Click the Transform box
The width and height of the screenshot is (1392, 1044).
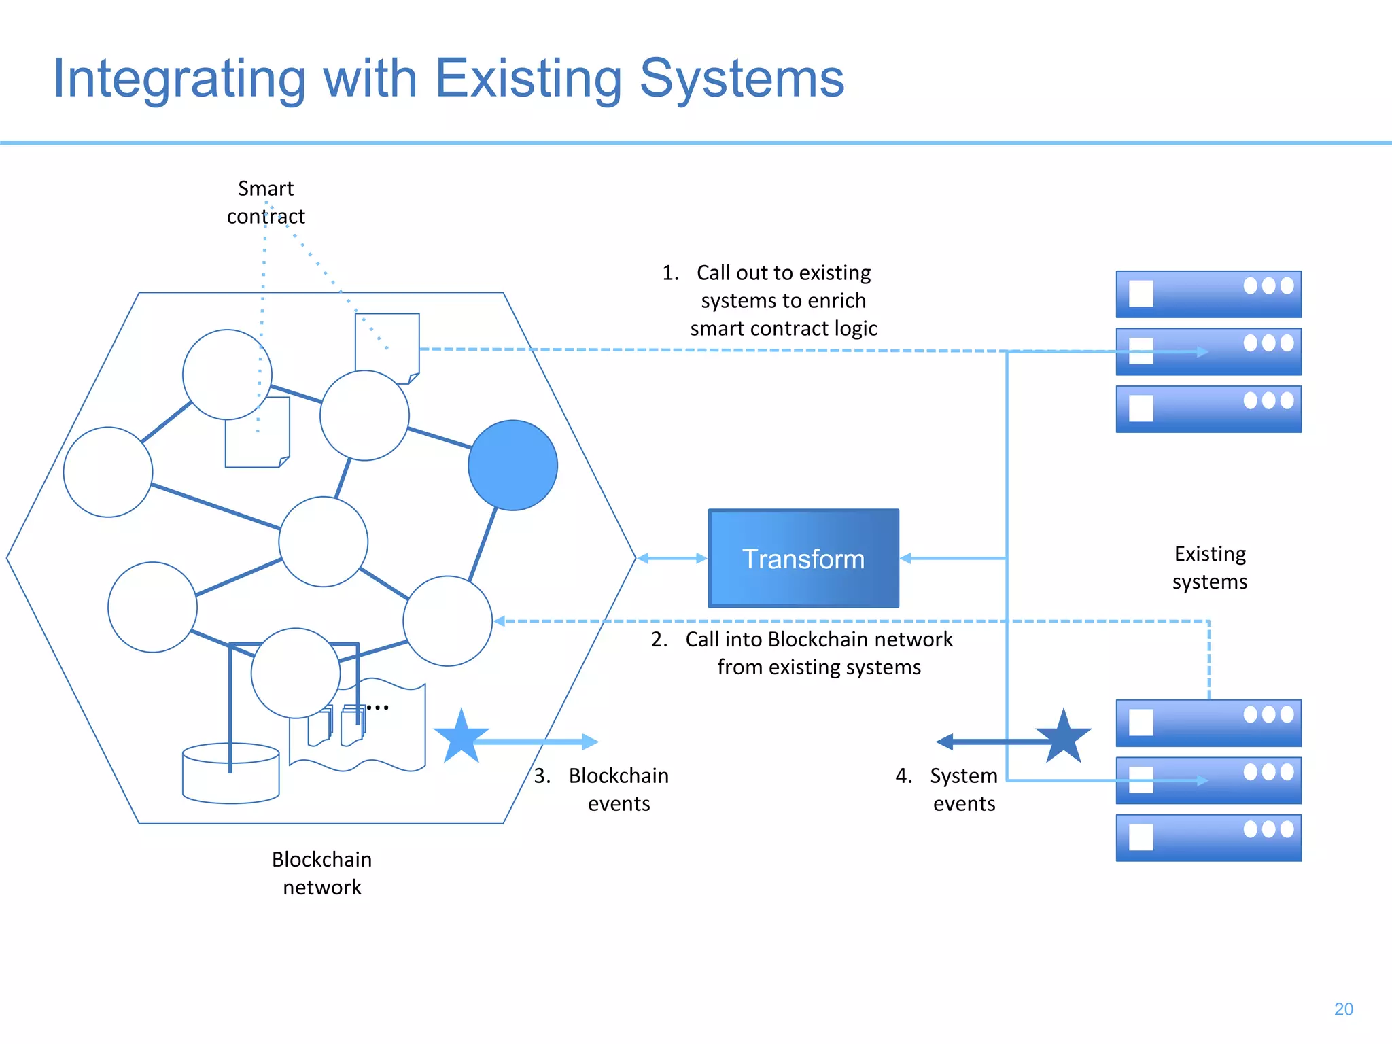tap(803, 558)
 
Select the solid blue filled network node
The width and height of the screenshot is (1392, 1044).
tap(512, 465)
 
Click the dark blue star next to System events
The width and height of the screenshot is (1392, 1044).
tap(1063, 737)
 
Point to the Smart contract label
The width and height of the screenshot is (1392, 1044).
tap(266, 202)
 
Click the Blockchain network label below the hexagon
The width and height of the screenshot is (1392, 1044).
tap(321, 873)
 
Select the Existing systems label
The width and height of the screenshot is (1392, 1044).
tap(1209, 568)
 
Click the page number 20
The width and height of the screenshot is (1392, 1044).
tap(1343, 1009)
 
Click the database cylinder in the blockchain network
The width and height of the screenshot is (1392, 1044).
tap(230, 775)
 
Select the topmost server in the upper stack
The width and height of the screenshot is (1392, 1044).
tap(1208, 294)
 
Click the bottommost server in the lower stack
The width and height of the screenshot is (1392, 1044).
tap(1208, 837)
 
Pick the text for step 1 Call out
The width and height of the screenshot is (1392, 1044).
tap(783, 300)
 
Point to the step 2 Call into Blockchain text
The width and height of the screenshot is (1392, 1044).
tap(818, 652)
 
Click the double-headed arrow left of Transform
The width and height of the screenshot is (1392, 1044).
tap(672, 558)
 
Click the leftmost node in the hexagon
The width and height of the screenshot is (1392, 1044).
tap(107, 472)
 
